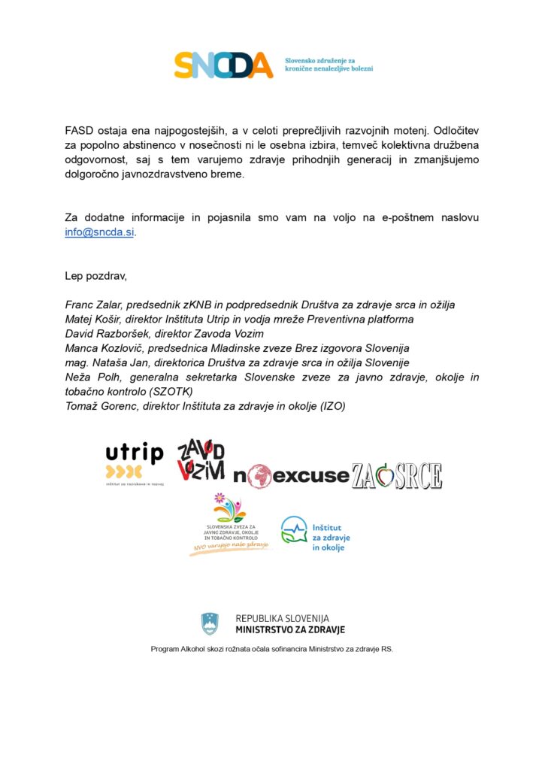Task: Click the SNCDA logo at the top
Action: click(x=224, y=65)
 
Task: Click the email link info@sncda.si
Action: click(x=100, y=232)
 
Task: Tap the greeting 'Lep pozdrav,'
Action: click(x=96, y=276)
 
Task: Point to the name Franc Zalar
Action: click(x=93, y=305)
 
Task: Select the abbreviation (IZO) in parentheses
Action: click(x=331, y=406)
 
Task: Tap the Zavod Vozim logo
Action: click(x=201, y=460)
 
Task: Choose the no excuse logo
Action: click(x=290, y=475)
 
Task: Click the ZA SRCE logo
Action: click(x=396, y=475)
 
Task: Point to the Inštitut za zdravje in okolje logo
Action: click(x=315, y=534)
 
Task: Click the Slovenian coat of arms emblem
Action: click(x=210, y=623)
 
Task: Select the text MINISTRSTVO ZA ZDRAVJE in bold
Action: click(x=289, y=630)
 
